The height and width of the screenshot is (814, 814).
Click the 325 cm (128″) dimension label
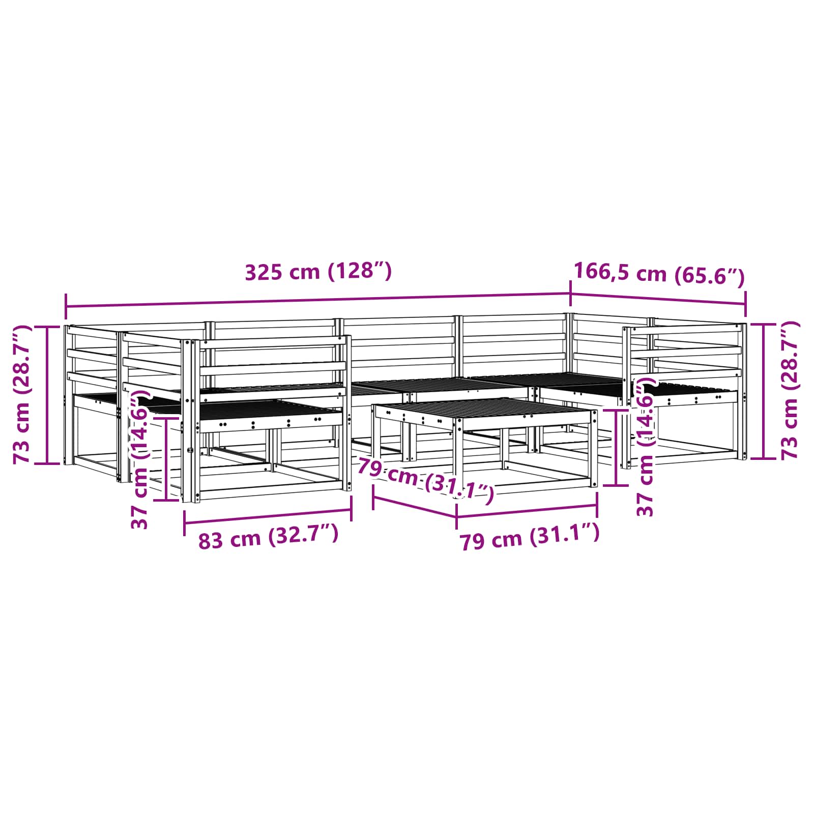click(x=318, y=271)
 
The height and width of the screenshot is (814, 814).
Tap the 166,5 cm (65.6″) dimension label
click(x=659, y=274)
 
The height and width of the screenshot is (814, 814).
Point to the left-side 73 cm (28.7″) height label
click(x=23, y=394)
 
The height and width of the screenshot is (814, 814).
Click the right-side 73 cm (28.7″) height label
click(x=790, y=390)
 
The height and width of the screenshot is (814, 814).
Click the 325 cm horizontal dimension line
click(x=317, y=300)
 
